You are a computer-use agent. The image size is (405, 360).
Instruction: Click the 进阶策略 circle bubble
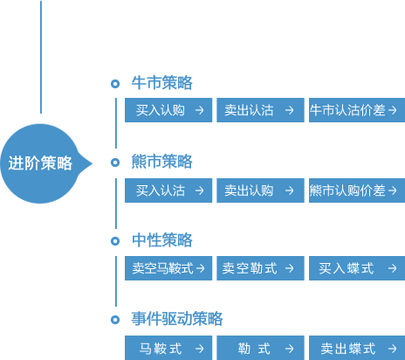pyautogui.click(x=41, y=163)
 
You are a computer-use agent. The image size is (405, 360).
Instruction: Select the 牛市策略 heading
pyautogui.click(x=161, y=83)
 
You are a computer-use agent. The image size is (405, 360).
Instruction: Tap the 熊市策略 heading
pyautogui.click(x=161, y=162)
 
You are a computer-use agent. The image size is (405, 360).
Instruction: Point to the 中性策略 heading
pyautogui.click(x=161, y=240)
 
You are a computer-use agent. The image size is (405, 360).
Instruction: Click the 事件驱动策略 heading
pyautogui.click(x=177, y=319)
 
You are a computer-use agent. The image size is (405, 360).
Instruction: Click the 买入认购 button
pyautogui.click(x=168, y=110)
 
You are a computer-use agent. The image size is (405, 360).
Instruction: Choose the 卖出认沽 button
pyautogui.click(x=260, y=110)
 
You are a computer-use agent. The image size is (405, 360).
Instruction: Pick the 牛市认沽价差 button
pyautogui.click(x=357, y=110)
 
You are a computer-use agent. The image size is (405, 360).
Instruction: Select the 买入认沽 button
pyautogui.click(x=168, y=190)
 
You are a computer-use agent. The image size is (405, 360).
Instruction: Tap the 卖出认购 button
pyautogui.click(x=260, y=190)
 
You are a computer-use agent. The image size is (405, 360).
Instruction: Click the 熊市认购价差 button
pyautogui.click(x=357, y=190)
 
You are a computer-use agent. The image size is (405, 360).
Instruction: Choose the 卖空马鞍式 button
pyautogui.click(x=168, y=268)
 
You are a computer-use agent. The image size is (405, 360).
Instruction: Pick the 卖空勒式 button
pyautogui.click(x=260, y=268)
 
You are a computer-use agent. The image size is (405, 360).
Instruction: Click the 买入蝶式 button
pyautogui.click(x=357, y=268)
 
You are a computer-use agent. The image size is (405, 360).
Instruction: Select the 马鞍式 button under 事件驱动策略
pyautogui.click(x=168, y=348)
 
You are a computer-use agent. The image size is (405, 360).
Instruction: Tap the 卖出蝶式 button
pyautogui.click(x=357, y=348)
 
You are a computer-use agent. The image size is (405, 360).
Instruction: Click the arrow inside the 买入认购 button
pyautogui.click(x=200, y=110)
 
